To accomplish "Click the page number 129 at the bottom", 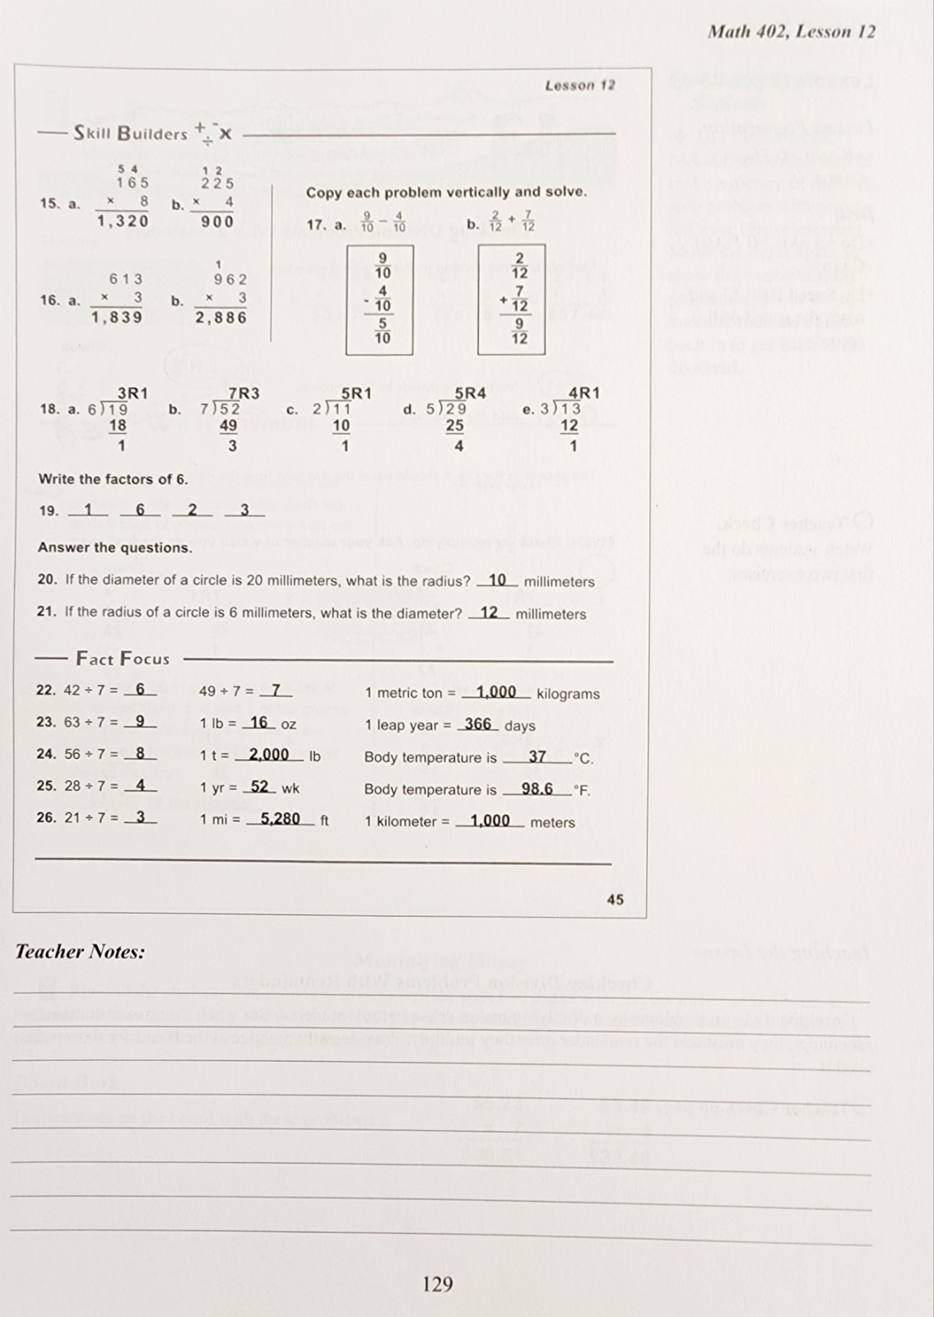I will pyautogui.click(x=437, y=1283).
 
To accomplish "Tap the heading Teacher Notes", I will pyautogui.click(x=80, y=952).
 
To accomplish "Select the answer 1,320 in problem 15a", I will pyautogui.click(x=123, y=221).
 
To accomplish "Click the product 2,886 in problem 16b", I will pyautogui.click(x=221, y=317).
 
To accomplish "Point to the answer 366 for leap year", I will pyautogui.click(x=477, y=724).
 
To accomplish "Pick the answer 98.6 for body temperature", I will pyautogui.click(x=537, y=789).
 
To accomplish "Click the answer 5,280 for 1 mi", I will pyautogui.click(x=280, y=819).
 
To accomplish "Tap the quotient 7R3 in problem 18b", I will pyautogui.click(x=244, y=393).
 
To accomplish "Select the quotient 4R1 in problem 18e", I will pyautogui.click(x=584, y=393).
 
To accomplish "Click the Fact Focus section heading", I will pyautogui.click(x=123, y=658).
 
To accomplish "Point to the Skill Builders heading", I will pyautogui.click(x=131, y=133).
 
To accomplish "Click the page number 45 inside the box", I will pyautogui.click(x=615, y=900).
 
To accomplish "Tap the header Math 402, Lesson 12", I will pyautogui.click(x=792, y=32).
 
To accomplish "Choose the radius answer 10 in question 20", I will pyautogui.click(x=497, y=580).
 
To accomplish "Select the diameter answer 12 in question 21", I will pyautogui.click(x=489, y=612).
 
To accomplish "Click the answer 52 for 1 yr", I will pyautogui.click(x=259, y=787).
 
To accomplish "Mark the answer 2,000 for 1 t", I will pyautogui.click(x=269, y=755).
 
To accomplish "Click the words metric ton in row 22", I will pyautogui.click(x=409, y=693).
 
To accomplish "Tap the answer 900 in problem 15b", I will pyautogui.click(x=217, y=221).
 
